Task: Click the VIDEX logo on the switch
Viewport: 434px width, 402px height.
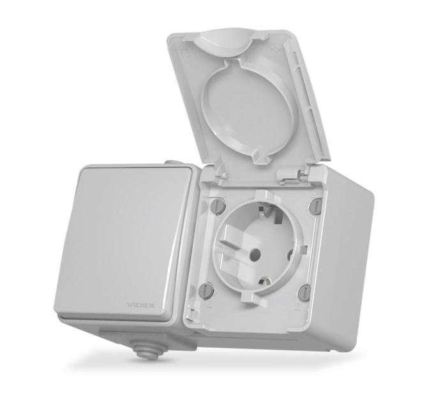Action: (x=140, y=306)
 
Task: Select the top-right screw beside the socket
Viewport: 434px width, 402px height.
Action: (x=315, y=205)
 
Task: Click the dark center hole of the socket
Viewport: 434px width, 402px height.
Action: (x=255, y=253)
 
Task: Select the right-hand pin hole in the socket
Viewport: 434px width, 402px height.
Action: (x=289, y=254)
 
